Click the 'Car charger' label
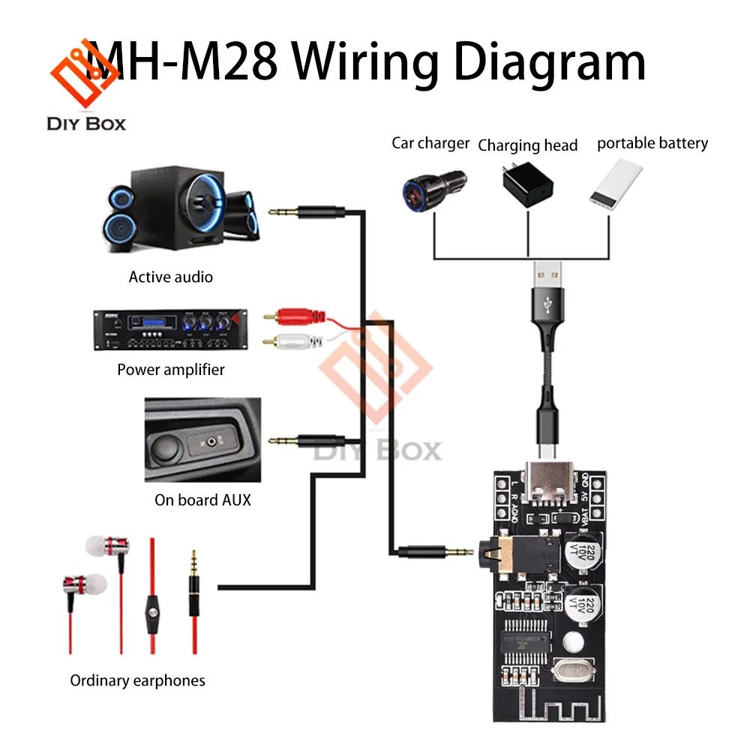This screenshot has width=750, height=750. [430, 142]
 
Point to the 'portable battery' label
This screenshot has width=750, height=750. [652, 142]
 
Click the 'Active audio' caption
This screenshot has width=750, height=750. [171, 277]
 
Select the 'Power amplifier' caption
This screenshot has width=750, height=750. [171, 369]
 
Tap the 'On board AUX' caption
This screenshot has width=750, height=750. [202, 499]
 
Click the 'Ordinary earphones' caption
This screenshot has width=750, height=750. [137, 680]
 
